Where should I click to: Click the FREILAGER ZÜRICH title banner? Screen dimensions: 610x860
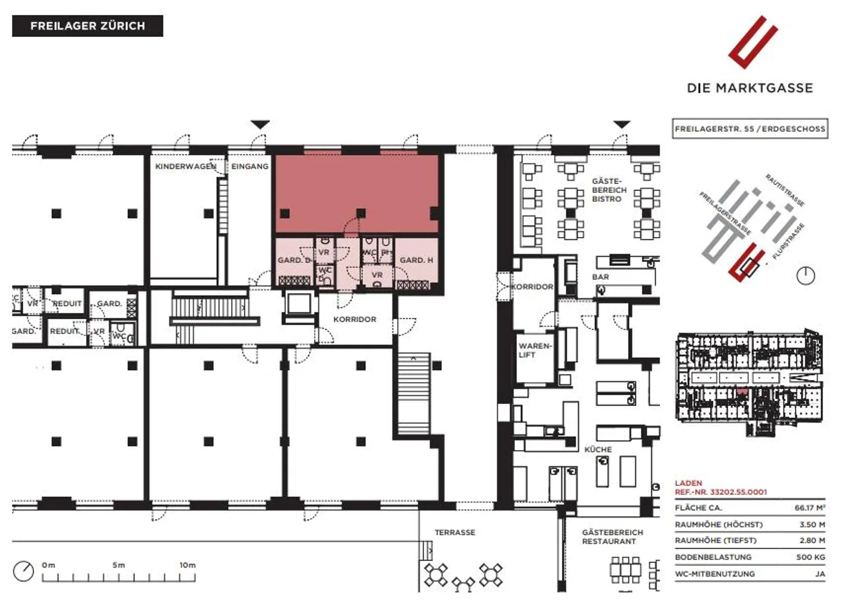tap(87, 26)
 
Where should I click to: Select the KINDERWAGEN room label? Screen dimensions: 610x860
tap(186, 167)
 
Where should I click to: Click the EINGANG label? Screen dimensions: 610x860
tap(250, 167)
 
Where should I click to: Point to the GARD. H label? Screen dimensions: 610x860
tap(416, 260)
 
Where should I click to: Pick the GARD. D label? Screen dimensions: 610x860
tap(294, 260)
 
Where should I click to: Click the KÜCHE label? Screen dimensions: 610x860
tap(598, 449)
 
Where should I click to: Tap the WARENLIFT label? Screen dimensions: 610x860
tap(535, 350)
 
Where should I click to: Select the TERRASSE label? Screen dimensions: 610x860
tap(454, 532)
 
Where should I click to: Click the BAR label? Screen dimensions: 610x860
tap(600, 277)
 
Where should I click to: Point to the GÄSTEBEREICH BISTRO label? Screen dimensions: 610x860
tap(609, 190)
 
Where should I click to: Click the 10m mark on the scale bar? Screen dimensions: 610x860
tap(188, 565)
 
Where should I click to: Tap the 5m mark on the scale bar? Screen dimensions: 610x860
tap(118, 565)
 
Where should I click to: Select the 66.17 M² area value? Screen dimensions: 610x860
tap(809, 508)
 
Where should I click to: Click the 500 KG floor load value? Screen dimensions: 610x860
tap(810, 557)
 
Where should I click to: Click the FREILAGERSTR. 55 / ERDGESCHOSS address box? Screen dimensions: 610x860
tap(750, 128)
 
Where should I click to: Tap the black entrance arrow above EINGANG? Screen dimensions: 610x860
tap(260, 124)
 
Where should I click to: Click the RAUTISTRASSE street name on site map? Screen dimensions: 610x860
tap(785, 190)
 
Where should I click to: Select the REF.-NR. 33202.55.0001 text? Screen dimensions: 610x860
tap(721, 492)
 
